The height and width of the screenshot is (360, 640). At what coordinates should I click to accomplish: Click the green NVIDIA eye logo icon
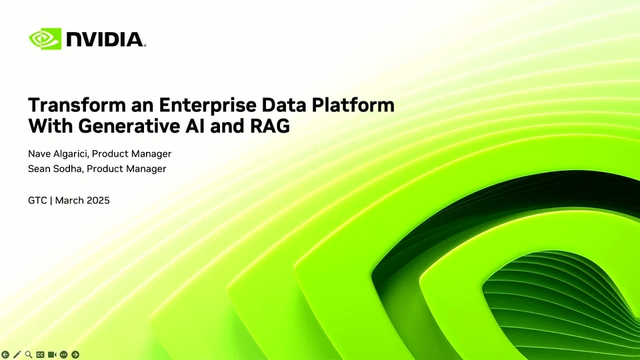click(45, 39)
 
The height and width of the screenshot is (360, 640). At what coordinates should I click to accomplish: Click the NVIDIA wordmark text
click(105, 39)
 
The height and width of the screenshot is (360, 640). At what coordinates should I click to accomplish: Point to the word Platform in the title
click(353, 105)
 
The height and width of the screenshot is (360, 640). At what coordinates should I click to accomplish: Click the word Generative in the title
click(129, 126)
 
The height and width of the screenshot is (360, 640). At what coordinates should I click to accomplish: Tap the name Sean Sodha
click(55, 169)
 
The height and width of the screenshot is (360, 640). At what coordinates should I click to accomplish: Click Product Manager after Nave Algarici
click(131, 154)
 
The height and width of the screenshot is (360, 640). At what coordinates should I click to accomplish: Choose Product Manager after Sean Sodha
click(127, 169)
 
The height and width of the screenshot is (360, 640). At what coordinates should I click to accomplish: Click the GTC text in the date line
click(37, 201)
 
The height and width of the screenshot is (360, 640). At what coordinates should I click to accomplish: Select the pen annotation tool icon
click(17, 354)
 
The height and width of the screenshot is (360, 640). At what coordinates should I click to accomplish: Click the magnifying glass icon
click(29, 354)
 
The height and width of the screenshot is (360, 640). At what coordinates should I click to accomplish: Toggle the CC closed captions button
click(40, 354)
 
